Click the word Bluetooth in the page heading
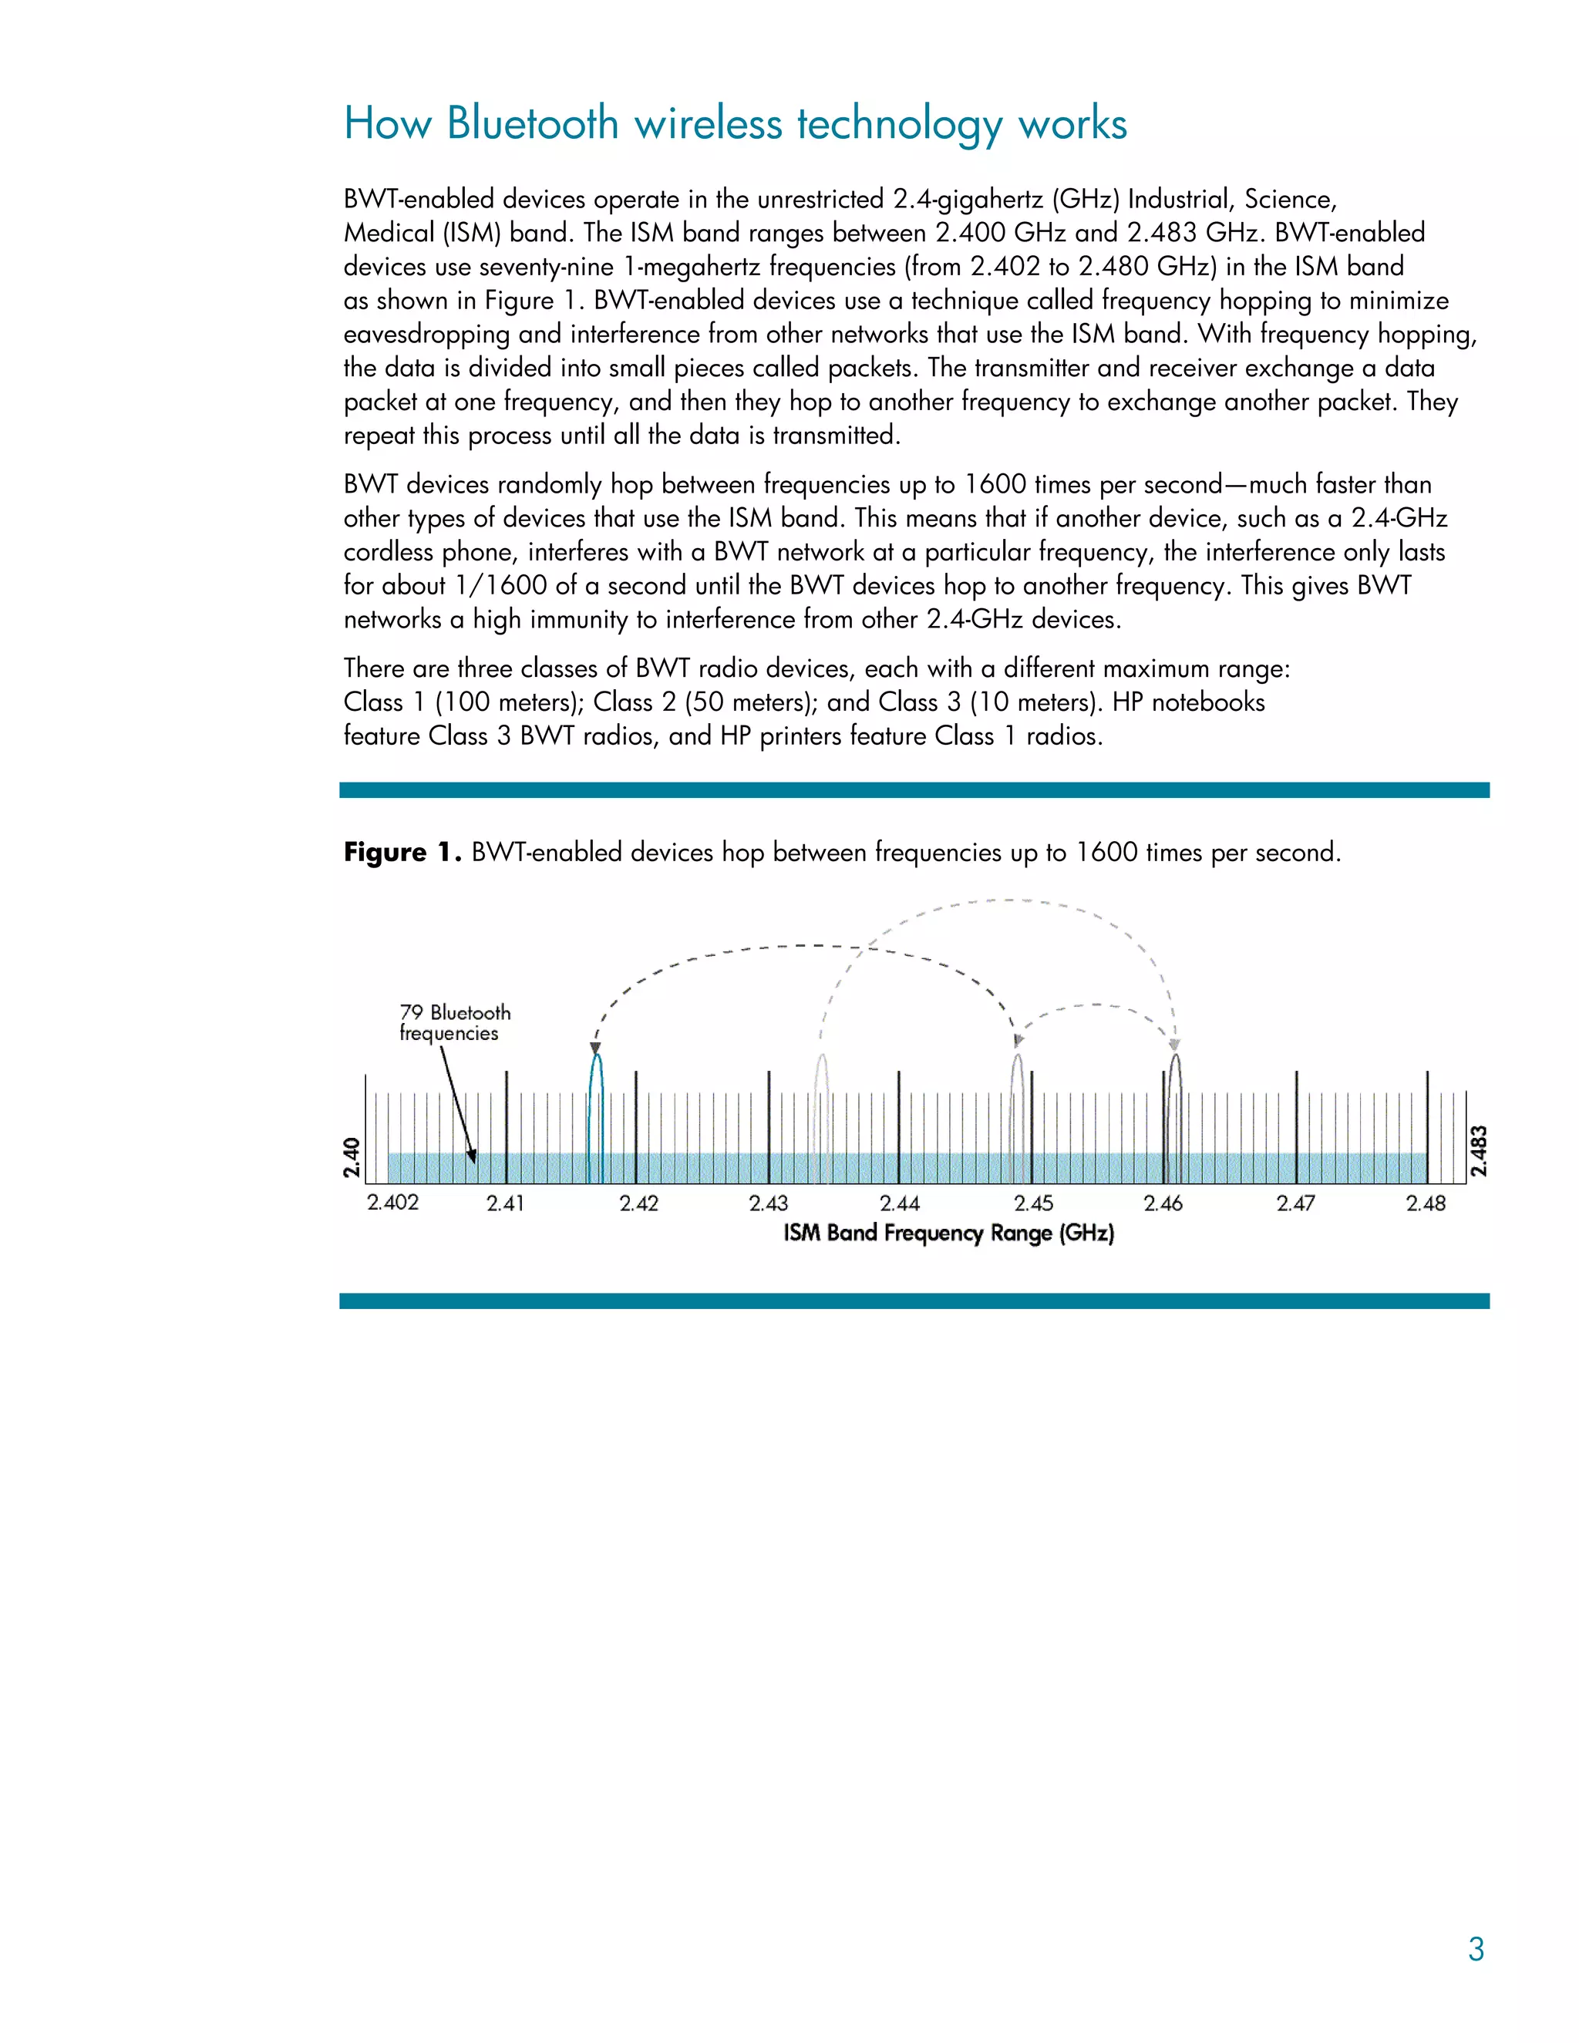pos(532,123)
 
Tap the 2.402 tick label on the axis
pos(392,1202)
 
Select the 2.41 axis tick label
pos(505,1204)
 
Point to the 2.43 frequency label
pos(768,1204)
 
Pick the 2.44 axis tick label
pos(899,1204)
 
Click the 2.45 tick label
pos(1032,1204)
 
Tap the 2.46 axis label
pos(1163,1204)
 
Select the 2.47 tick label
pos(1295,1204)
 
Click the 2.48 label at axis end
pos(1426,1204)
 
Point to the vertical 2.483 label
pos(1479,1152)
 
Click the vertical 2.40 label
pos(352,1157)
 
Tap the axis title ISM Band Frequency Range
pos(948,1233)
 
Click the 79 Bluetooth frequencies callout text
pos(455,1022)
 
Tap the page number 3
pos(1475,1950)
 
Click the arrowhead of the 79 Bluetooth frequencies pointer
pos(473,1156)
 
